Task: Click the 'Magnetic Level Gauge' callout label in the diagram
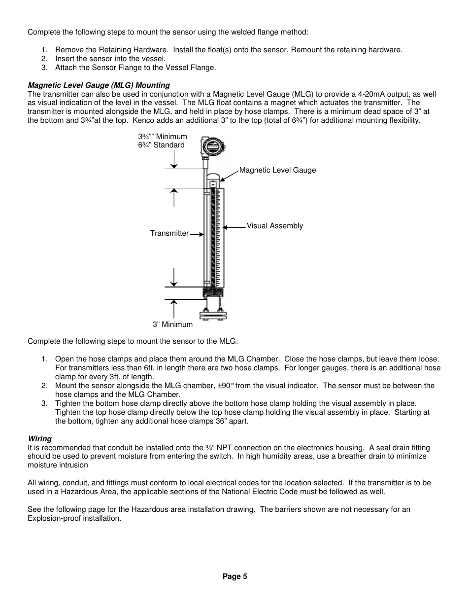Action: (277, 170)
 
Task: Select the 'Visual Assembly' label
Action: (274, 226)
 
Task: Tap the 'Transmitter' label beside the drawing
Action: (169, 233)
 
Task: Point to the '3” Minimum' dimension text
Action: (172, 324)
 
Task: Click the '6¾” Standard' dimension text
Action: (161, 145)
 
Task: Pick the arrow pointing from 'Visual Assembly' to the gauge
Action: (234, 227)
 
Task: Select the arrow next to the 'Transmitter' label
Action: (197, 234)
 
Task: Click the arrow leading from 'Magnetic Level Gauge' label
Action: (229, 175)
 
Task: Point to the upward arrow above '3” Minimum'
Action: (174, 308)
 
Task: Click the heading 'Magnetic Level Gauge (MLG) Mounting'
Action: (99, 85)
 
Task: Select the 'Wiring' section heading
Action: (39, 439)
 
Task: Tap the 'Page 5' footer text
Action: (235, 576)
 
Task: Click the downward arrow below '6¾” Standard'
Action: (174, 159)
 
